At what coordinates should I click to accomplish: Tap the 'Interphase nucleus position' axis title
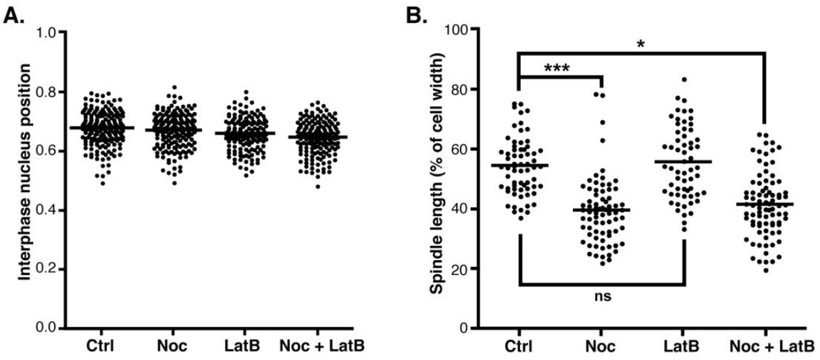pos(25,179)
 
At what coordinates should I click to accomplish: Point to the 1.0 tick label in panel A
pos(51,32)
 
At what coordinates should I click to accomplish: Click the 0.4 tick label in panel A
pos(51,210)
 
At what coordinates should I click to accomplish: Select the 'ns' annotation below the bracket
pos(603,297)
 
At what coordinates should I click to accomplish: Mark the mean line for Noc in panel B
pos(601,210)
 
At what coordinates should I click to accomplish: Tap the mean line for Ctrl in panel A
pos(107,127)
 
